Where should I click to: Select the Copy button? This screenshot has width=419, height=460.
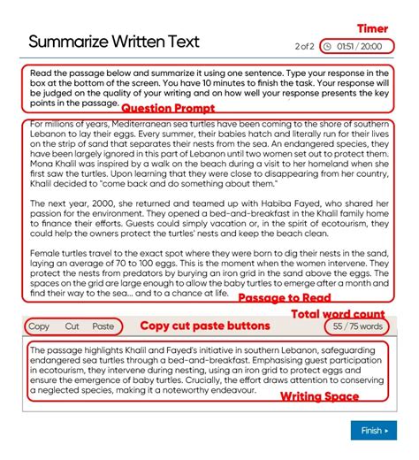click(39, 326)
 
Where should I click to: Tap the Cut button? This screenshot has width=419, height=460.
click(72, 326)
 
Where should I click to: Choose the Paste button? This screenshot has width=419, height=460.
click(103, 326)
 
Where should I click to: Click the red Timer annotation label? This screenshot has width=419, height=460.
click(372, 28)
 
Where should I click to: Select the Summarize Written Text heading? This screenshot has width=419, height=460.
click(114, 42)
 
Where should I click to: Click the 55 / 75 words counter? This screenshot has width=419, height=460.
click(358, 326)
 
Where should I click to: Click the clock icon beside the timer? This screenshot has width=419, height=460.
click(329, 46)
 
